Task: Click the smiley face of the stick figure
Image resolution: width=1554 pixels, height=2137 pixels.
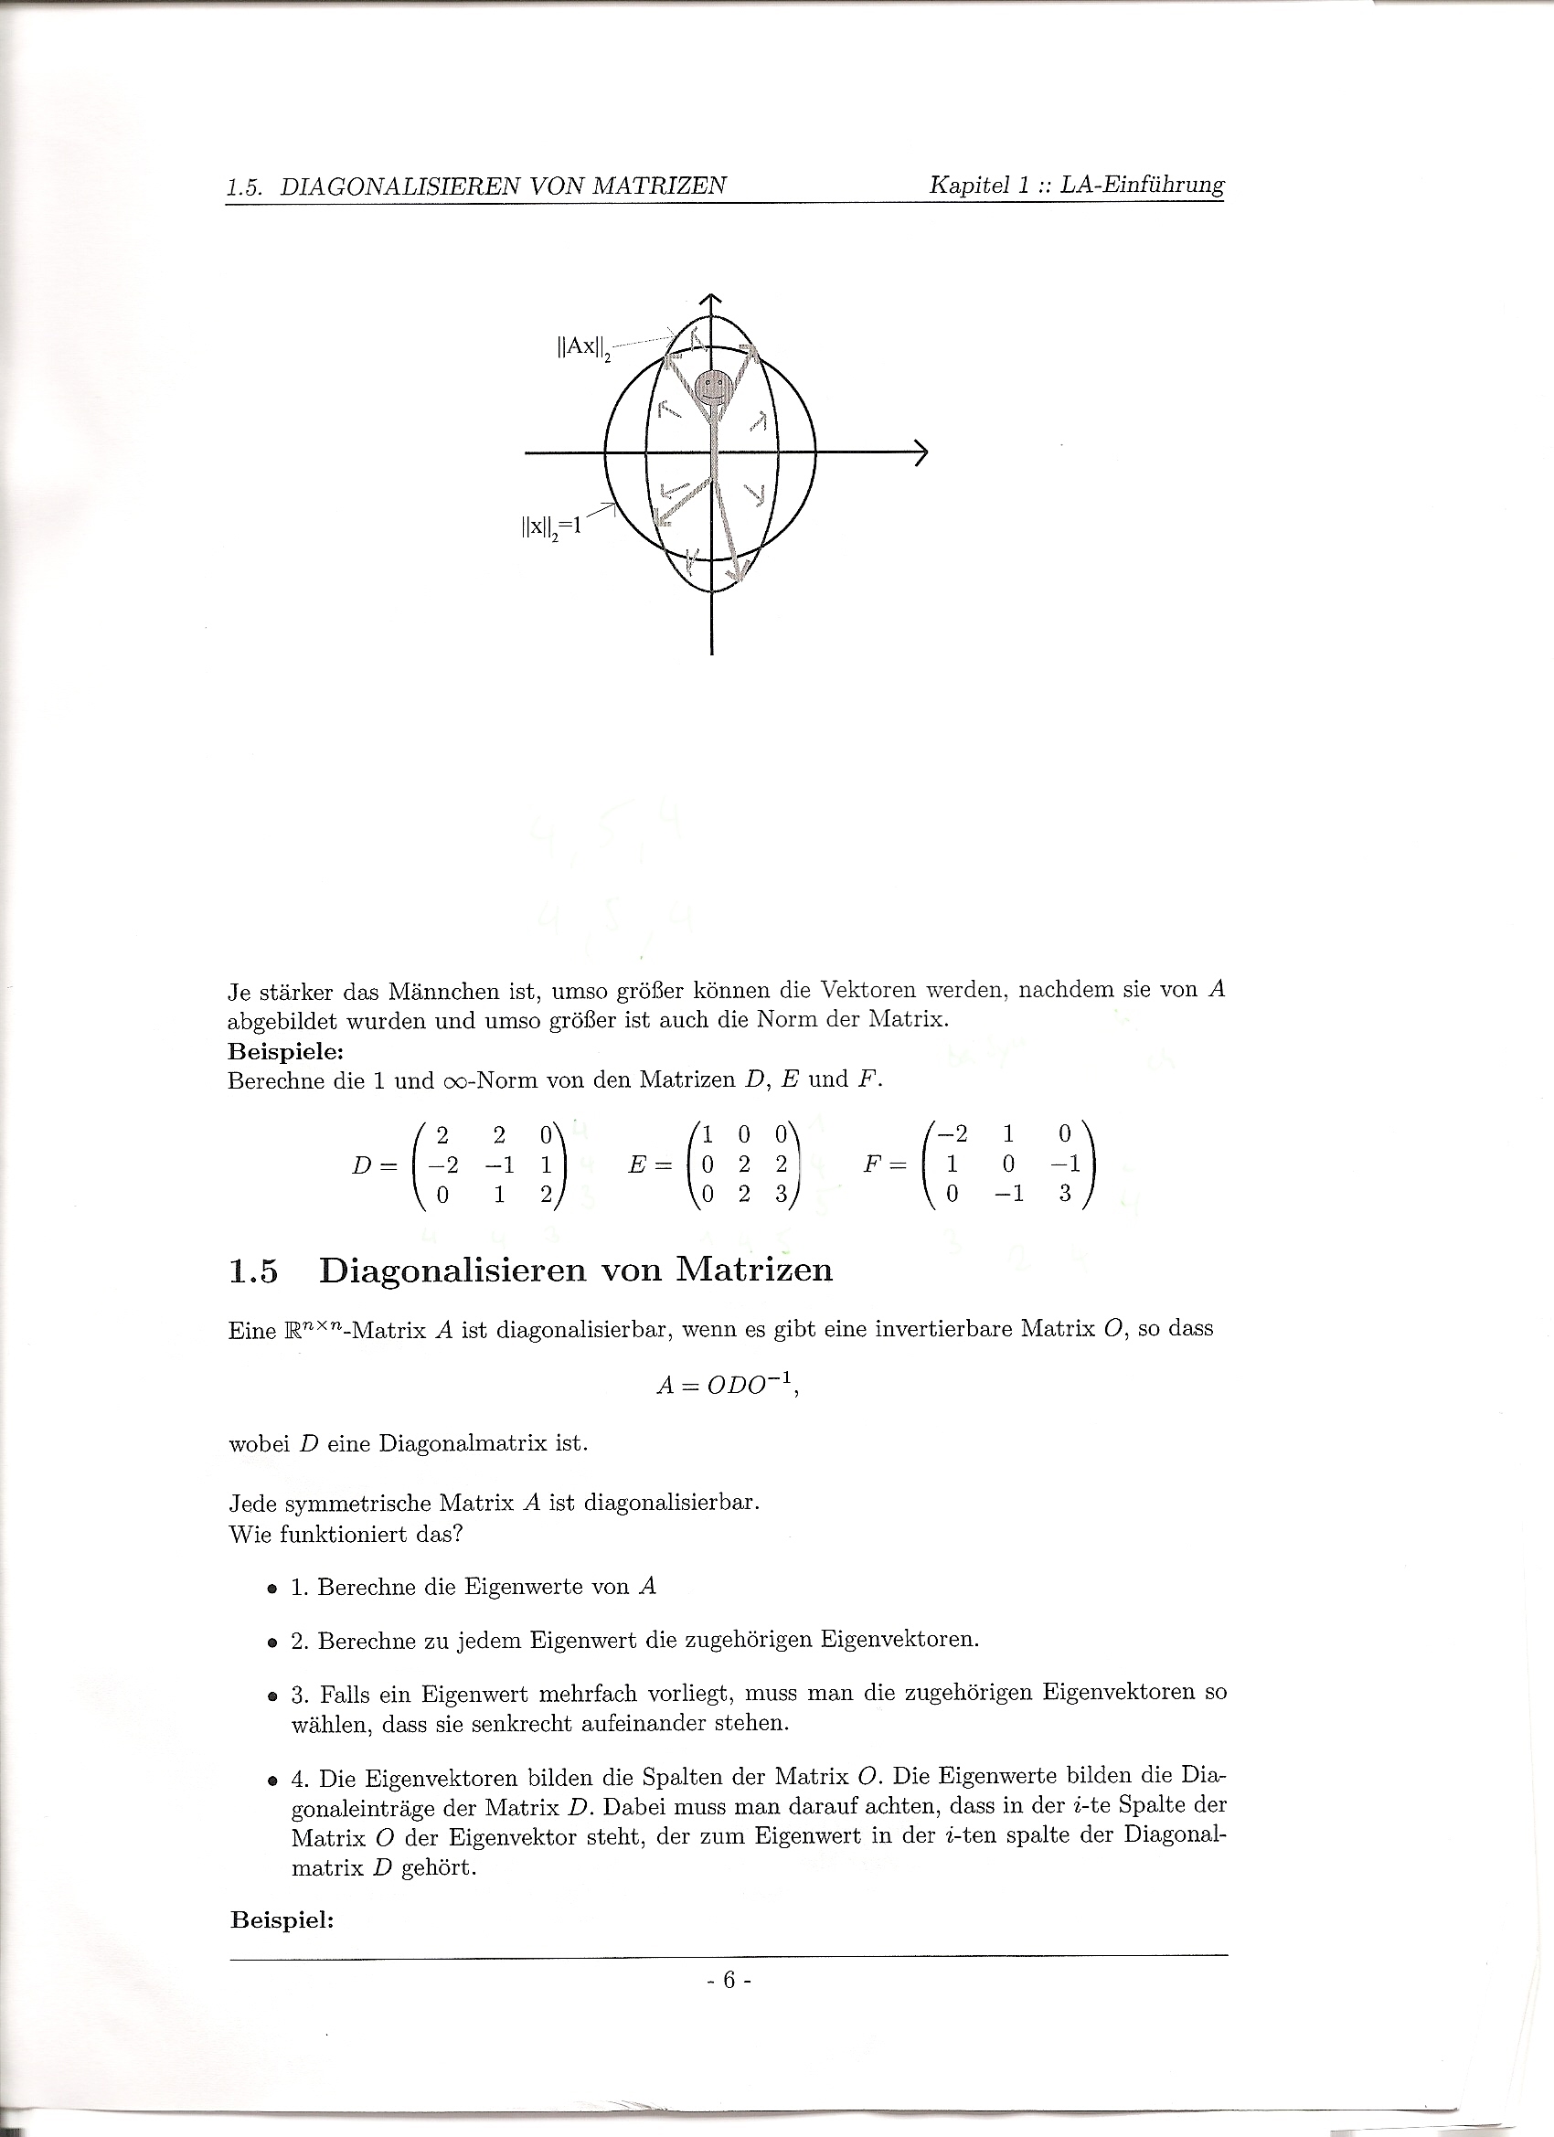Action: [x=712, y=386]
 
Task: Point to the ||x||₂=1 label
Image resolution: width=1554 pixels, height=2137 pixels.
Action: [x=552, y=526]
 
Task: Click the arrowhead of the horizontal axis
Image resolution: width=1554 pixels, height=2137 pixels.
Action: [x=921, y=453]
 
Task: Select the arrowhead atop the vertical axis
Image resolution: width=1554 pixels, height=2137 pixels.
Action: [x=710, y=300]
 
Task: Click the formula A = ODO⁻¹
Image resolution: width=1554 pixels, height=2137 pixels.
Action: [x=727, y=1385]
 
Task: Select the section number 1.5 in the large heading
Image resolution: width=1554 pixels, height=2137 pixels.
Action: [x=253, y=1271]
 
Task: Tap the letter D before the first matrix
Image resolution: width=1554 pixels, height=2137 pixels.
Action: [x=361, y=1164]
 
